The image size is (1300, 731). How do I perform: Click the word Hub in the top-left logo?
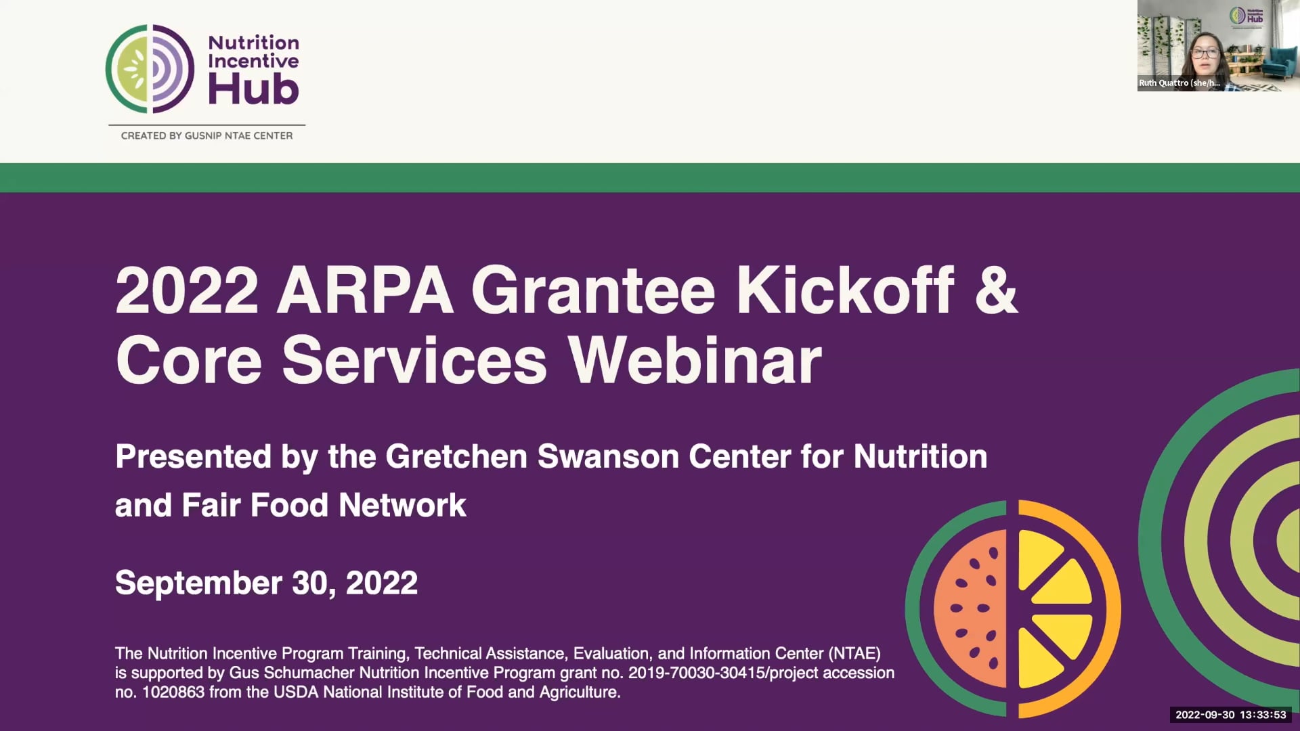tap(253, 91)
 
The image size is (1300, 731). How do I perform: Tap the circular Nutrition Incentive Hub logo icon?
tap(150, 68)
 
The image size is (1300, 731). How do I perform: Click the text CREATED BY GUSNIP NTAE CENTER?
tap(207, 135)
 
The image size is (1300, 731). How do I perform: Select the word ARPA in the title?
tap(365, 291)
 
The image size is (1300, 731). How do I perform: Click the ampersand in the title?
tap(995, 291)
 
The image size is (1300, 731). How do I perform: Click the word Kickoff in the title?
tap(845, 291)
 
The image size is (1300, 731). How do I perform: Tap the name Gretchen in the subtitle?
tap(456, 457)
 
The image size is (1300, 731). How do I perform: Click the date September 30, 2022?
tap(266, 583)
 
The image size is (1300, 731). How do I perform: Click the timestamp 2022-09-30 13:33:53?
tap(1230, 715)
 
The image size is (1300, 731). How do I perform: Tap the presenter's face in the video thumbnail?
tap(1205, 56)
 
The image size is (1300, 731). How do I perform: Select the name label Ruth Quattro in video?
tap(1179, 83)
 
